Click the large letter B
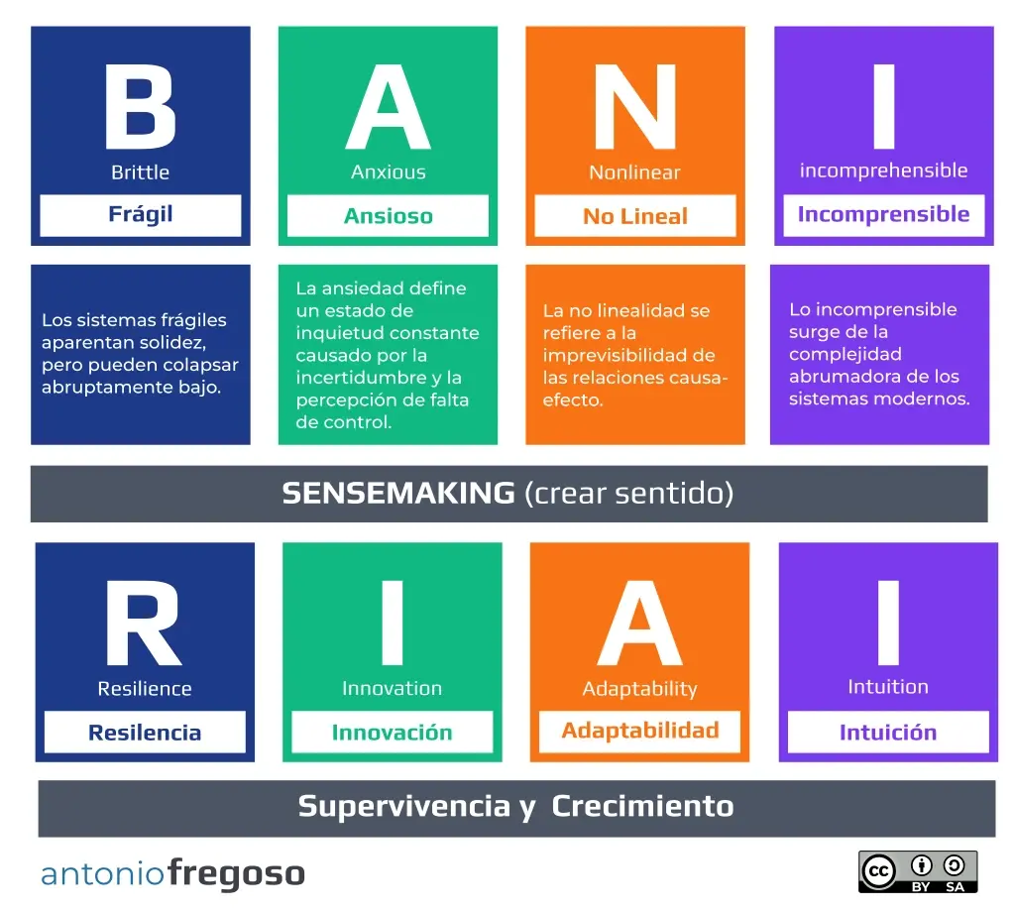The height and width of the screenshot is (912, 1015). (x=140, y=106)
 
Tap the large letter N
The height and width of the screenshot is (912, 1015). (x=635, y=106)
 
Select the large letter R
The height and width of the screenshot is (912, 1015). (x=143, y=623)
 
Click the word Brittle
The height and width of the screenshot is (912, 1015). (x=140, y=172)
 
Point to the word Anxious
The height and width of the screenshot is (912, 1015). (x=389, y=172)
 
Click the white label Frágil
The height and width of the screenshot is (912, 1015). (x=141, y=215)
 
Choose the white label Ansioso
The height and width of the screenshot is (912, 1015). (x=388, y=215)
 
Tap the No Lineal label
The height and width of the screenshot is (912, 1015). (x=635, y=215)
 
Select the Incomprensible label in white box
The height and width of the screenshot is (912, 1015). (x=883, y=215)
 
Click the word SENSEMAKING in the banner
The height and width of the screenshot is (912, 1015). (x=398, y=494)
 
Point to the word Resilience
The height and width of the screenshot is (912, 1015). (x=145, y=689)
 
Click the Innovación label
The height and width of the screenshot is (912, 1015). (x=393, y=732)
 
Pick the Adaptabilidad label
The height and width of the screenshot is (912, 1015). (x=639, y=732)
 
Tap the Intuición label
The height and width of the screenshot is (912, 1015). (x=888, y=732)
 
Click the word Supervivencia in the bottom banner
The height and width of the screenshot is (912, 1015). (x=404, y=807)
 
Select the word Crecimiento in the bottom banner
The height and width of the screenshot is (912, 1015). (x=642, y=807)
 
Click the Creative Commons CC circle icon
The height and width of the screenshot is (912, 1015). (x=878, y=871)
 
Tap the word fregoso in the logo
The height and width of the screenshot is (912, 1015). (x=236, y=874)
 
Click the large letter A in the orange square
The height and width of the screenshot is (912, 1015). (x=639, y=623)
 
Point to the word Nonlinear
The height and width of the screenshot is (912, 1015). (x=635, y=172)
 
